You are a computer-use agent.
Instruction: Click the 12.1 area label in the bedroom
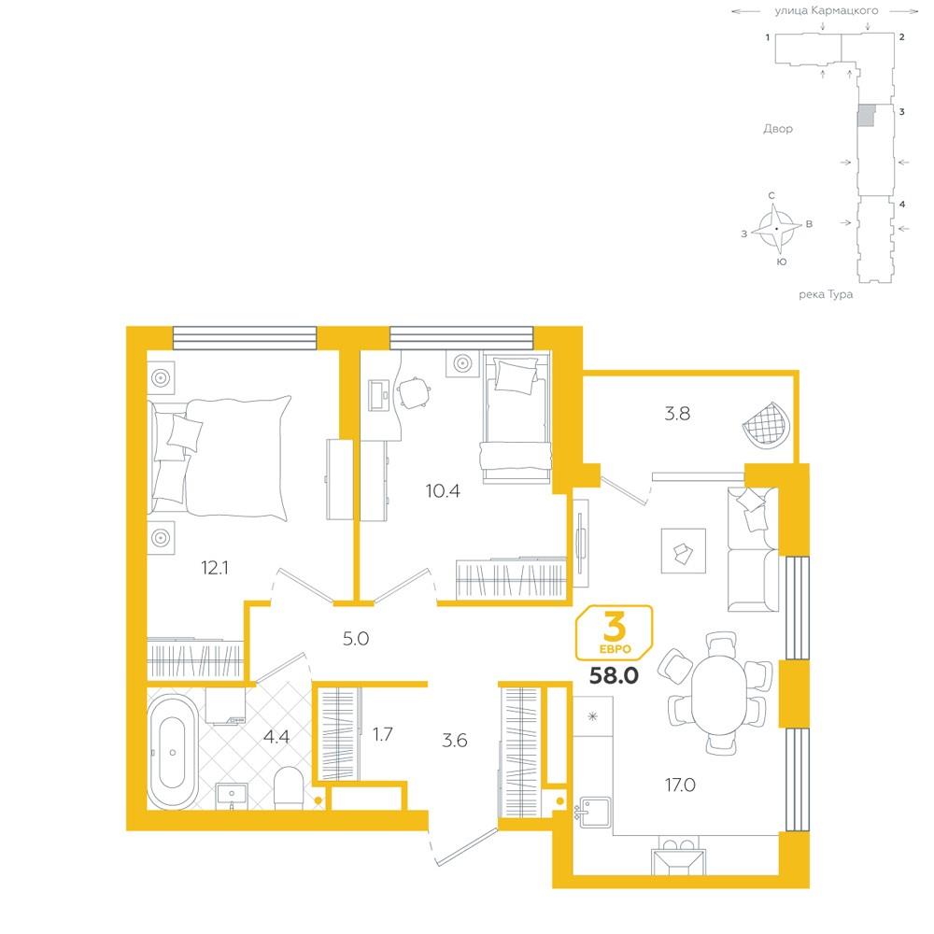215,568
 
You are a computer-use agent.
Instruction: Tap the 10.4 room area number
443,491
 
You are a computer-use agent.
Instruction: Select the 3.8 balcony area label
677,414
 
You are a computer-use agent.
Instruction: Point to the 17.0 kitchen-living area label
680,785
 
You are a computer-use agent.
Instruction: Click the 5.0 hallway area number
356,639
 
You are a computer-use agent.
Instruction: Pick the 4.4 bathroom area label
276,737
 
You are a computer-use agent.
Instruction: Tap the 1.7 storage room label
382,734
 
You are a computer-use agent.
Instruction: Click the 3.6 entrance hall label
455,741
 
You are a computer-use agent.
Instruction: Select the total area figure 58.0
614,675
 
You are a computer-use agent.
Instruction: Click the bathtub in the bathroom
173,752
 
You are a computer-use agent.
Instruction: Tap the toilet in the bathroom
289,787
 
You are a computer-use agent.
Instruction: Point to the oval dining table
719,694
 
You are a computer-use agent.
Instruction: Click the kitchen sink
595,813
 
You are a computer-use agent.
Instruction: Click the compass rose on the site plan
776,229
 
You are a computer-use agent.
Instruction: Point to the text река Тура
826,294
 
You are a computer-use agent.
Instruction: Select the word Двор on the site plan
778,129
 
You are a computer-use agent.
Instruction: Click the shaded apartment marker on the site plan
868,115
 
